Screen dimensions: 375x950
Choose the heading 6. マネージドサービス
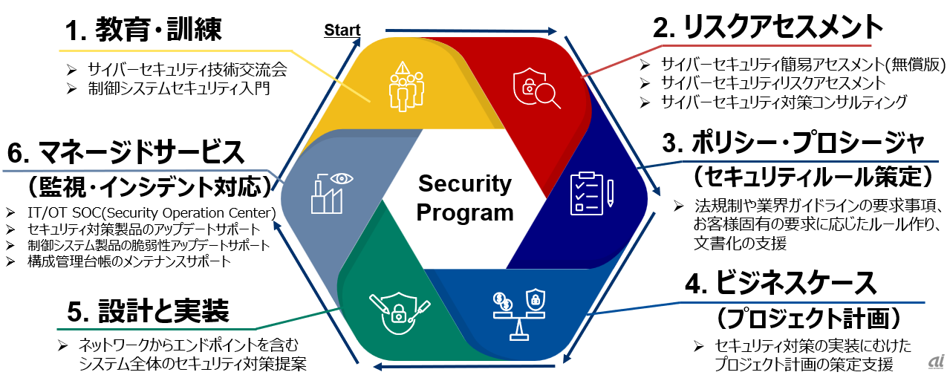click(126, 153)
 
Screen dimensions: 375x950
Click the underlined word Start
click(342, 30)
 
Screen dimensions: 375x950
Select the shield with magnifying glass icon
click(530, 89)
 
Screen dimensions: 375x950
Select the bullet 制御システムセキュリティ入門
click(178, 89)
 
